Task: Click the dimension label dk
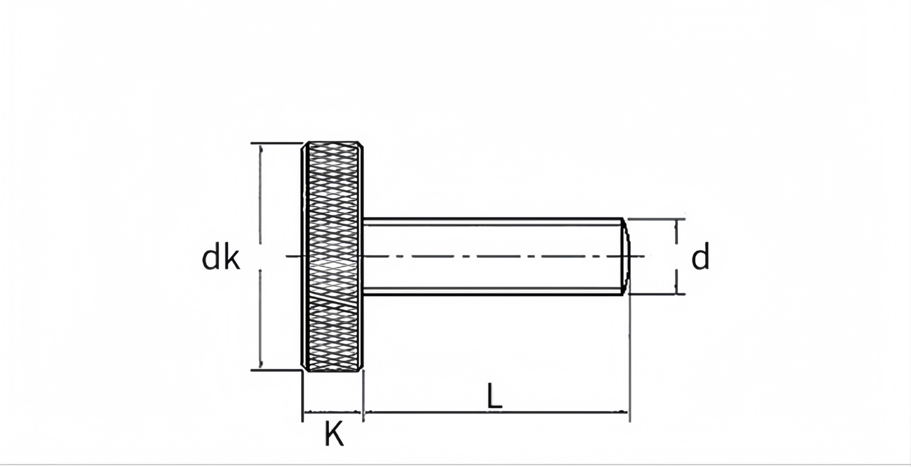pyautogui.click(x=221, y=259)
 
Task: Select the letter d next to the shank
pyautogui.click(x=700, y=258)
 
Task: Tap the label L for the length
pyautogui.click(x=494, y=396)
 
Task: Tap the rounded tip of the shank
pyautogui.click(x=626, y=256)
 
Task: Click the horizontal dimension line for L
pyautogui.click(x=495, y=411)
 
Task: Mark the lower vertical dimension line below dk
pyautogui.click(x=261, y=319)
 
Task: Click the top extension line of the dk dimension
pyautogui.click(x=276, y=143)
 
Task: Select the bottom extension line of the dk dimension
pyautogui.click(x=276, y=370)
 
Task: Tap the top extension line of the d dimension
pyautogui.click(x=655, y=218)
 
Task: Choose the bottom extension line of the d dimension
pyautogui.click(x=655, y=294)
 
